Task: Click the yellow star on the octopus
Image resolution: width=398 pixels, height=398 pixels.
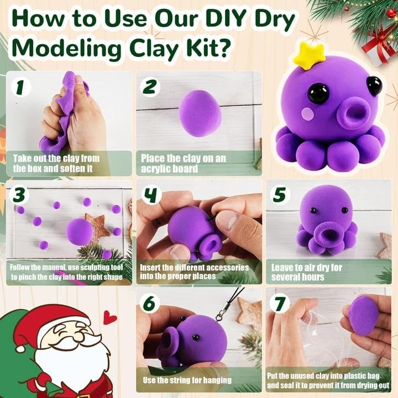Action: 306,55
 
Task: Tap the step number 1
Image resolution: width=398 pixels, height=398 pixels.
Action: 20,87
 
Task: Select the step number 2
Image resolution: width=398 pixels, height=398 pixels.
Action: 151,87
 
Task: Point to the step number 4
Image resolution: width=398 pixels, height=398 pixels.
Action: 151,196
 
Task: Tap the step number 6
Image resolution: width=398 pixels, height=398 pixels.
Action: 151,303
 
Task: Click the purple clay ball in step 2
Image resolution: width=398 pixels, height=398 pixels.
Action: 200,113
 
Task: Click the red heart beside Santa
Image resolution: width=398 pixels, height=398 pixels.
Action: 110,317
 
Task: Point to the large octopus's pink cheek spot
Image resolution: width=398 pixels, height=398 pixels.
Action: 307,114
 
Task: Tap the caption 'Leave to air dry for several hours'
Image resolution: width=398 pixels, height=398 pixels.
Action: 307,272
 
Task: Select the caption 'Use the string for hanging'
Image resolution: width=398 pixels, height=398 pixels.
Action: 187,380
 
